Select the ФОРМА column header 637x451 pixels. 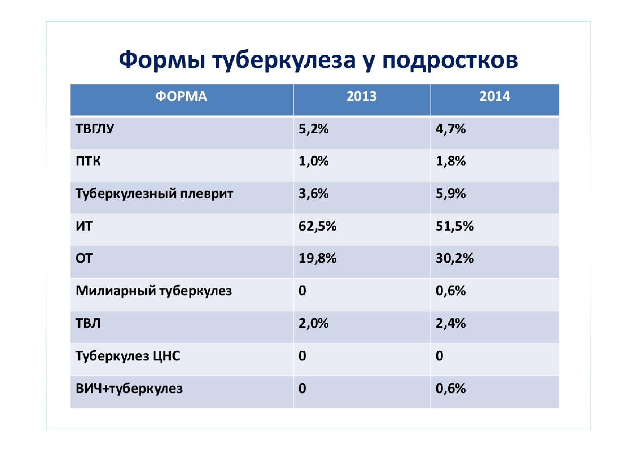tap(181, 96)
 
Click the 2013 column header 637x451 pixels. tap(362, 96)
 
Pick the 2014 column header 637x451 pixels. tap(495, 96)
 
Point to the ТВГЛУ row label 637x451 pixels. tap(95, 129)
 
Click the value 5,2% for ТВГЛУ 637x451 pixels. tap(313, 129)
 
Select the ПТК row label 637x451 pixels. tap(88, 161)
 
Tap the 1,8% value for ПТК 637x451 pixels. tap(451, 161)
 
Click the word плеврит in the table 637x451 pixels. tap(207, 194)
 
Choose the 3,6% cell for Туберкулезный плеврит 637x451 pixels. tap(313, 193)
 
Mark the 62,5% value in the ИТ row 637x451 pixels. tap(317, 226)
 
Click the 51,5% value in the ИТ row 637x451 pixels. tap(455, 226)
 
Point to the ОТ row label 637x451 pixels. tap(84, 259)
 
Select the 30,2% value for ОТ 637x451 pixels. tap(455, 258)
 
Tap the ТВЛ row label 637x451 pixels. tap(88, 323)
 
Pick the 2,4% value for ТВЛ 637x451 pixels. tap(451, 323)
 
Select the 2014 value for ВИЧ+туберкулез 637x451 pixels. tap(451, 388)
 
